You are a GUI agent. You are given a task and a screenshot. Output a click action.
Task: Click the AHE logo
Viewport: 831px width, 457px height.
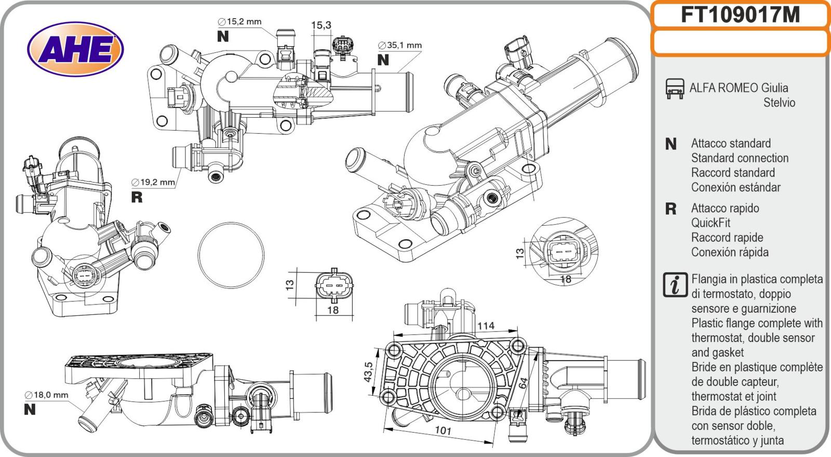pos(76,50)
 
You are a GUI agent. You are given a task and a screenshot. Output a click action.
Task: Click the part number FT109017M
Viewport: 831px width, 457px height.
pos(740,15)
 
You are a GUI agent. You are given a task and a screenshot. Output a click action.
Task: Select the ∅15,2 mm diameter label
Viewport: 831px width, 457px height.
pos(239,22)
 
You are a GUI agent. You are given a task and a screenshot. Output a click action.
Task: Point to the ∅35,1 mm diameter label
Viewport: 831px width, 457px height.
pos(399,45)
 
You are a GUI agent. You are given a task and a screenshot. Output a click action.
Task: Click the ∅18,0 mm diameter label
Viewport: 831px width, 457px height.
pos(47,395)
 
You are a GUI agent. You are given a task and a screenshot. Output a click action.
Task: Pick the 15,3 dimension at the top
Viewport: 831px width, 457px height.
pos(321,25)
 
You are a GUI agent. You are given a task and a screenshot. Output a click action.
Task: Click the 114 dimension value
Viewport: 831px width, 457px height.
pos(486,326)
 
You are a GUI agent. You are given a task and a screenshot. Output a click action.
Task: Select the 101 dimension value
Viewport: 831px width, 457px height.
pos(443,431)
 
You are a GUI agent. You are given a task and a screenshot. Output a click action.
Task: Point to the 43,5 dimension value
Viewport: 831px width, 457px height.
pos(369,372)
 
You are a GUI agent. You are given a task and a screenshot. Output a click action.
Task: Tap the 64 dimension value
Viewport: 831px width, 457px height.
pos(523,383)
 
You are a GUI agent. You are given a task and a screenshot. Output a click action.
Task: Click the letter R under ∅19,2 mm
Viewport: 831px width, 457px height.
pos(137,197)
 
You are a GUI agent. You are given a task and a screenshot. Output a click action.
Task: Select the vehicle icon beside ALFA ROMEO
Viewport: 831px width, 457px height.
pos(675,89)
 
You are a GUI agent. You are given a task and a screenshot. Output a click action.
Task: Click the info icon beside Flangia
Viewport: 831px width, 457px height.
pos(675,285)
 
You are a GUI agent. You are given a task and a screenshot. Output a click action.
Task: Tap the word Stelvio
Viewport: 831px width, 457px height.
pos(779,102)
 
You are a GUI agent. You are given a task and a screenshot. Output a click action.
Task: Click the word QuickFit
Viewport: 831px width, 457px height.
pos(711,223)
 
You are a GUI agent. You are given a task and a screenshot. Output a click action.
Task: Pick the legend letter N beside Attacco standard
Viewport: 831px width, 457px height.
pos(671,144)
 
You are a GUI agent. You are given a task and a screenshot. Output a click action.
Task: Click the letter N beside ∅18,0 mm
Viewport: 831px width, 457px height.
pos(30,409)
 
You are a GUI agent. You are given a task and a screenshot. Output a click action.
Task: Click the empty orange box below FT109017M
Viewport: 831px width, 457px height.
pos(740,42)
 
